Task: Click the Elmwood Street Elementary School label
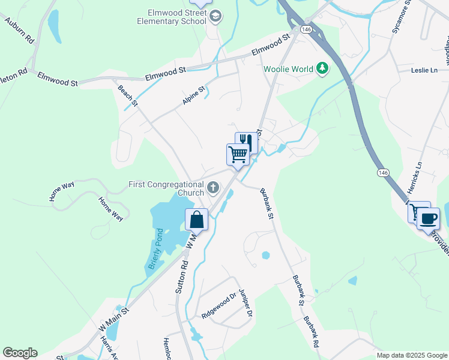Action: pos(177,17)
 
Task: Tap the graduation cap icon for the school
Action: pos(215,17)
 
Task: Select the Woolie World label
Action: pos(288,69)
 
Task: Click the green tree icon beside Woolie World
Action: pos(322,68)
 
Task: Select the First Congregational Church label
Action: pos(166,189)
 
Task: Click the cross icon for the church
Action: pos(212,189)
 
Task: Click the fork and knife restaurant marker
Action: pos(246,142)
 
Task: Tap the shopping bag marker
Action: pos(197,220)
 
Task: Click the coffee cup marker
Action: pos(428,218)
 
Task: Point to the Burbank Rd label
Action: pos(310,332)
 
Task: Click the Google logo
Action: pos(20,353)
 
